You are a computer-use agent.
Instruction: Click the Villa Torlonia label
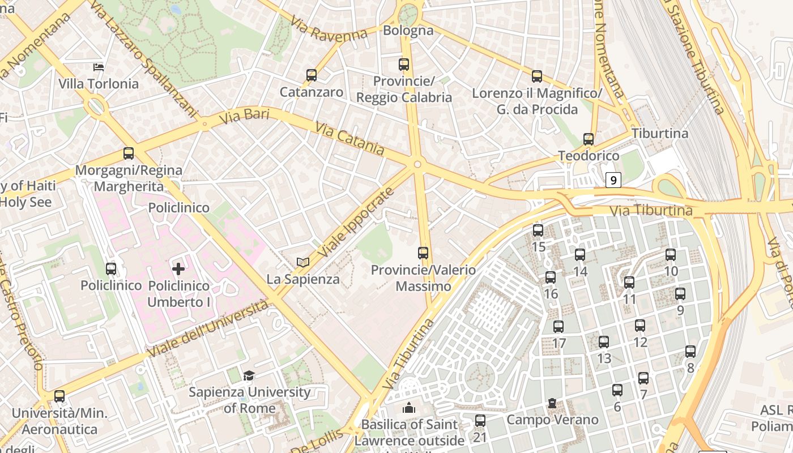click(x=99, y=84)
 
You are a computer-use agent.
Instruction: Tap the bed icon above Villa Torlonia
click(x=99, y=67)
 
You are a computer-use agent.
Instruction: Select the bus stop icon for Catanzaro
click(x=311, y=75)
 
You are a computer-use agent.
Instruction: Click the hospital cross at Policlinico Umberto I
click(x=178, y=269)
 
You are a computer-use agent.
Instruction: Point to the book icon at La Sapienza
click(x=303, y=262)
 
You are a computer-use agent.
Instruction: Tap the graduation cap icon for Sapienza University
click(x=249, y=375)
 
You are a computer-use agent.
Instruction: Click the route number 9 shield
click(x=613, y=180)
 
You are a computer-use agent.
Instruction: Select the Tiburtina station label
click(x=659, y=134)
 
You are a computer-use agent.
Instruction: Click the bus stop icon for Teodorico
click(x=589, y=139)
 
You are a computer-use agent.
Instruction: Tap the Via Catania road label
click(x=349, y=139)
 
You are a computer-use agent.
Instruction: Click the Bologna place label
click(x=408, y=31)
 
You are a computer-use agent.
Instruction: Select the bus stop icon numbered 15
click(x=538, y=230)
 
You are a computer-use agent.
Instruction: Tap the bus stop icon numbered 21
click(x=480, y=421)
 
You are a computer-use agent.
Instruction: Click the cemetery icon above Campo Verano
click(x=552, y=404)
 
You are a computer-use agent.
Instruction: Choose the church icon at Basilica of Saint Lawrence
click(x=408, y=408)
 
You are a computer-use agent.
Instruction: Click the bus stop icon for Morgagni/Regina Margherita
click(x=129, y=153)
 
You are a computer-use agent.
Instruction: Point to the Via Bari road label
click(x=244, y=116)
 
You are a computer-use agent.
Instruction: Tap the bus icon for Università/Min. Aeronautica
click(x=59, y=396)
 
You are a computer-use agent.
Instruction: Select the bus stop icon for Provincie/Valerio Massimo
click(x=423, y=253)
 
